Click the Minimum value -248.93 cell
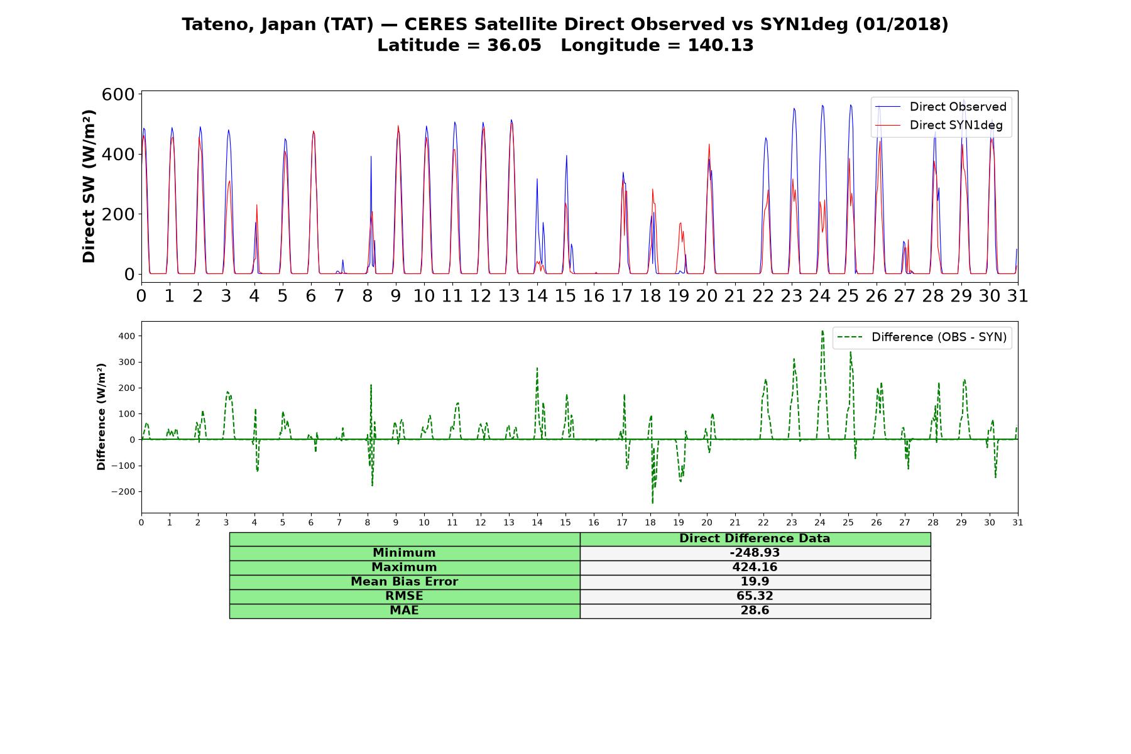[x=755, y=553]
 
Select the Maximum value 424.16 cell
[x=755, y=567]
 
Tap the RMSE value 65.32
[x=755, y=596]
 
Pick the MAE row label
[x=404, y=611]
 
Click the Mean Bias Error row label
[x=404, y=582]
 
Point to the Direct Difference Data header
[x=755, y=538]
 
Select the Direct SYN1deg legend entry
[x=941, y=126]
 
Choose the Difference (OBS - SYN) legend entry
[x=922, y=337]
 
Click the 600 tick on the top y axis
[x=118, y=94]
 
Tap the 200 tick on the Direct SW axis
[x=118, y=214]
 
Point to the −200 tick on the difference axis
[x=124, y=492]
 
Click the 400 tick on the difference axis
[x=127, y=336]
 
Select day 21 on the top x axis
[x=735, y=296]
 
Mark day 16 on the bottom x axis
[x=594, y=522]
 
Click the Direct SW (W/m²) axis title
[x=89, y=186]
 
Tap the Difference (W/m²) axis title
[x=101, y=417]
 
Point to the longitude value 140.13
[x=721, y=45]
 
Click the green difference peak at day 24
[x=822, y=331]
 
